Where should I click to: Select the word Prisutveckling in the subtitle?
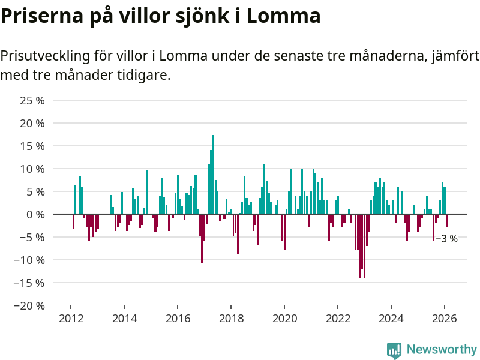[46, 56]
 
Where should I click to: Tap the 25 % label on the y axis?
[32, 100]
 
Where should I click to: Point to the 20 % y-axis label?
[32, 123]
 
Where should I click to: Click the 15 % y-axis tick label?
[32, 146]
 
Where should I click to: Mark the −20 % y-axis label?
[30, 305]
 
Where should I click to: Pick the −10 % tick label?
[30, 260]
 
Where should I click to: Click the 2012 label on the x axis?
[71, 319]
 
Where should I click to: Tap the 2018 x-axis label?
[231, 319]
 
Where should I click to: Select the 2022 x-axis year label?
[338, 319]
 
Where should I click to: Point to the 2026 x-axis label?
[445, 319]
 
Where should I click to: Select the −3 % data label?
[447, 239]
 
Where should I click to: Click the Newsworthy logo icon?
[394, 350]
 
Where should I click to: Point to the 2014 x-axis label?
[124, 319]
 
